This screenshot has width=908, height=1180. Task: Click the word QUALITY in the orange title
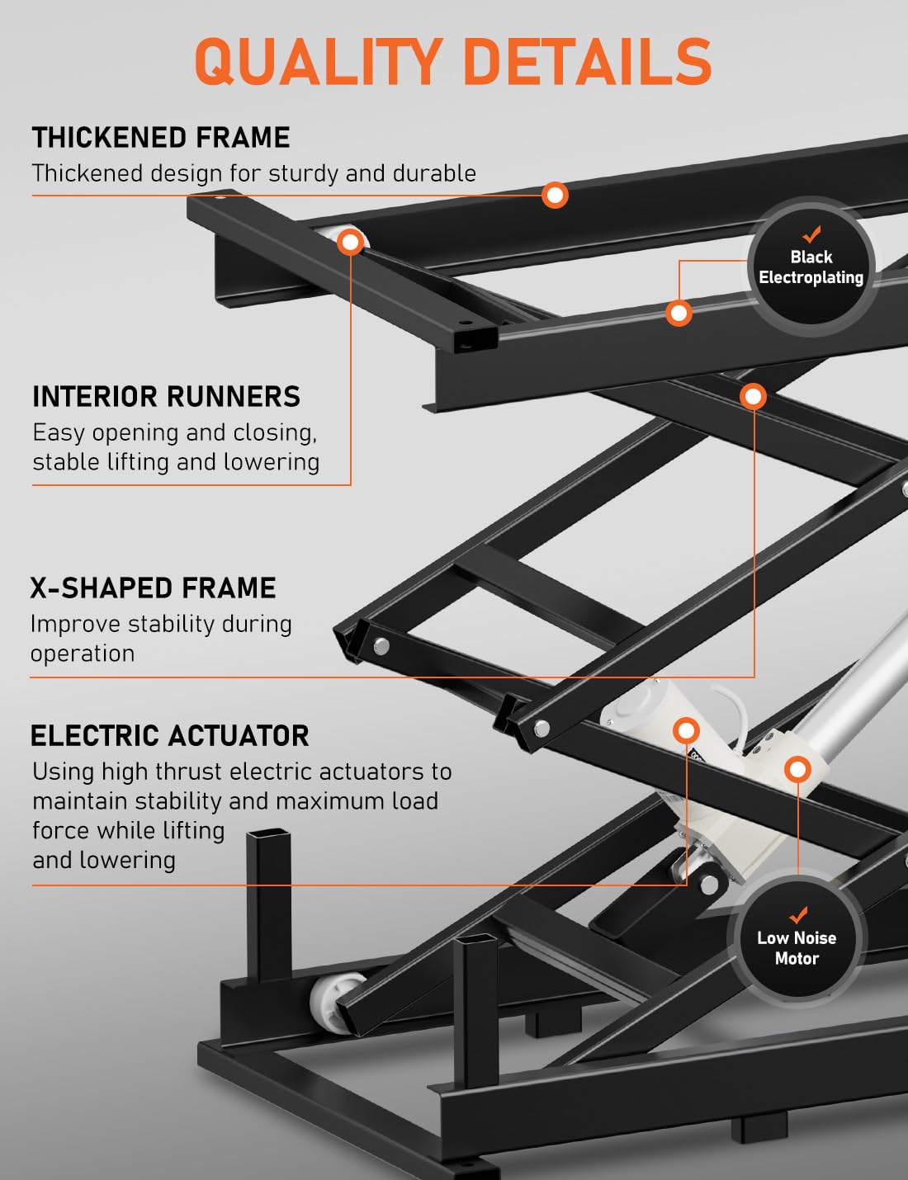317,61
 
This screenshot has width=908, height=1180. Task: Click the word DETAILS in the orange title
588,61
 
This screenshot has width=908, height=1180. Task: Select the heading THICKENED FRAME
161,137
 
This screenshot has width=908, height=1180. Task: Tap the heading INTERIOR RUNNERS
166,396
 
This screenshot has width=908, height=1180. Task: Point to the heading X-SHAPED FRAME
154,588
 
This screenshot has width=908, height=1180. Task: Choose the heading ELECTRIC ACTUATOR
169,736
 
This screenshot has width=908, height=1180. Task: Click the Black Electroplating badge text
811,267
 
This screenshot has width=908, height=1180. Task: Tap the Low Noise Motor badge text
797,947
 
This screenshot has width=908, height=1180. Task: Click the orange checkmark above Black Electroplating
811,234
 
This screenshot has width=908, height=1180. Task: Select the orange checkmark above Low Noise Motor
798,915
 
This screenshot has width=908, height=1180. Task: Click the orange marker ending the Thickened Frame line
555,195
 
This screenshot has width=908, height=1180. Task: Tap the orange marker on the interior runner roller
350,242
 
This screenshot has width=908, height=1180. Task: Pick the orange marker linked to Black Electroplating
679,314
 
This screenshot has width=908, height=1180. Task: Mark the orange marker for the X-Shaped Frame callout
753,397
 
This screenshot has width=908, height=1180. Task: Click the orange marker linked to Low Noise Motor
797,769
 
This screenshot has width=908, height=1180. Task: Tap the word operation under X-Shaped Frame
83,654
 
